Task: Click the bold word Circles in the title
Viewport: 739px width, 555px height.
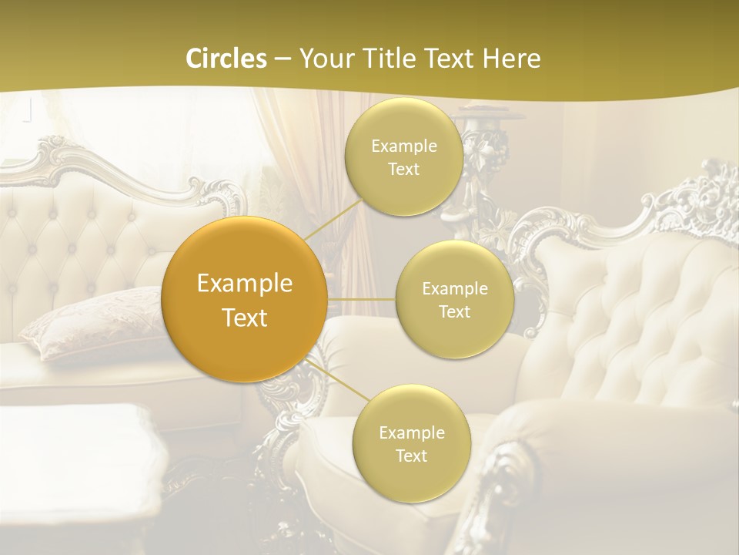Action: click(226, 59)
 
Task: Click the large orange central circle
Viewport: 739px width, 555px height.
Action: click(245, 299)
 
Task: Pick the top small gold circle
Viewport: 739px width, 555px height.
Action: click(403, 156)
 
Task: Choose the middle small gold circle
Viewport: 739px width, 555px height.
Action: click(454, 299)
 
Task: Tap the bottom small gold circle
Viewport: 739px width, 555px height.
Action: click(411, 443)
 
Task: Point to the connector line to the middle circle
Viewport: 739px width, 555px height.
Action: click(361, 298)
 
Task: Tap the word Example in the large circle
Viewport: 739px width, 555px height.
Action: click(245, 284)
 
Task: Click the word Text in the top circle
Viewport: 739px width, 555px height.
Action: click(403, 169)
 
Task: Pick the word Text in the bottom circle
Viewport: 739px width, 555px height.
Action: click(411, 456)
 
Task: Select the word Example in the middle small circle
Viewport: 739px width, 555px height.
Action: click(454, 288)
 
